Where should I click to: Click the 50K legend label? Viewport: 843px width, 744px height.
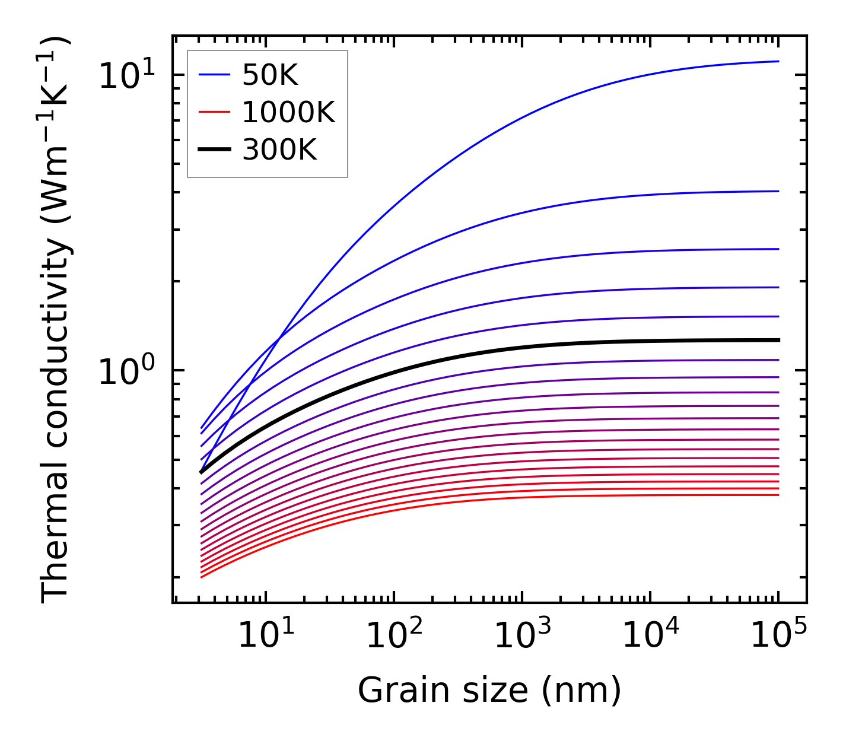click(x=270, y=75)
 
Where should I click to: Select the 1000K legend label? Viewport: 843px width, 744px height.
click(x=288, y=113)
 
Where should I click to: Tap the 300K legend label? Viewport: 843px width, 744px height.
click(x=279, y=151)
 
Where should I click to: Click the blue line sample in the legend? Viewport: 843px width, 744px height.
click(x=214, y=75)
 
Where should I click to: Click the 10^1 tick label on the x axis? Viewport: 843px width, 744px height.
click(x=266, y=637)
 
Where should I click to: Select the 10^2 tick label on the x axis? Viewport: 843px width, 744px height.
click(x=394, y=637)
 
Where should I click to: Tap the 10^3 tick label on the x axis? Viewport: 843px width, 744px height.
click(x=522, y=637)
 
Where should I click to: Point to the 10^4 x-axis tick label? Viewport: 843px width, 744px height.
click(x=650, y=637)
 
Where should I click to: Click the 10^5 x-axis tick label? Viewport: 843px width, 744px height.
click(x=778, y=637)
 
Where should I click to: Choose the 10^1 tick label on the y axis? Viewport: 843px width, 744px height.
click(x=126, y=77)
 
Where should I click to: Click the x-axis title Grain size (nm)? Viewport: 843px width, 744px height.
click(x=489, y=691)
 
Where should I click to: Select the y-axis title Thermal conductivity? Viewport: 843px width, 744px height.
click(x=56, y=320)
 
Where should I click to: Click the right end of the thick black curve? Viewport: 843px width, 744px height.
click(x=778, y=340)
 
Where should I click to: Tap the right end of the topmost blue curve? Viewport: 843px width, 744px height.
click(x=778, y=61)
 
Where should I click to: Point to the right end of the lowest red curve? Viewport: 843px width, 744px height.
click(x=778, y=495)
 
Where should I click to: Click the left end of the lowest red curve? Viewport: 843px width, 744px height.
click(x=202, y=577)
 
